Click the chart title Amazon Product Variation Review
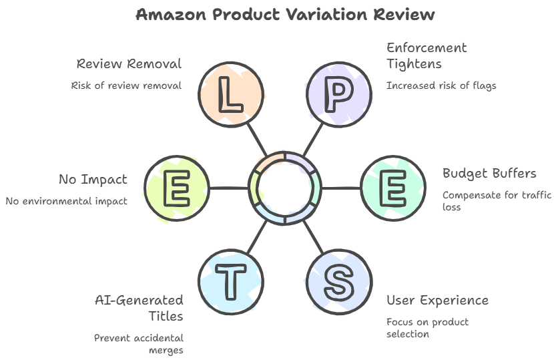(x=285, y=14)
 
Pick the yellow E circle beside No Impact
(x=177, y=188)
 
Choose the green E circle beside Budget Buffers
(x=393, y=188)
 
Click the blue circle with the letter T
(x=231, y=281)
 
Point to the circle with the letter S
(x=338, y=281)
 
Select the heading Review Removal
(x=129, y=64)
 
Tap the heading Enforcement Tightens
(x=427, y=56)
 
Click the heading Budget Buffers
(x=489, y=174)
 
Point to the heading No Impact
(x=93, y=180)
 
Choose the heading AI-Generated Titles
(x=139, y=307)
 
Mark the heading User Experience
(x=437, y=300)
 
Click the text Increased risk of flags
(x=441, y=85)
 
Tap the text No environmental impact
(x=66, y=201)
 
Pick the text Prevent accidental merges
(x=139, y=344)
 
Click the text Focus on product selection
(x=427, y=327)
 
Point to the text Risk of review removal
(x=126, y=85)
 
